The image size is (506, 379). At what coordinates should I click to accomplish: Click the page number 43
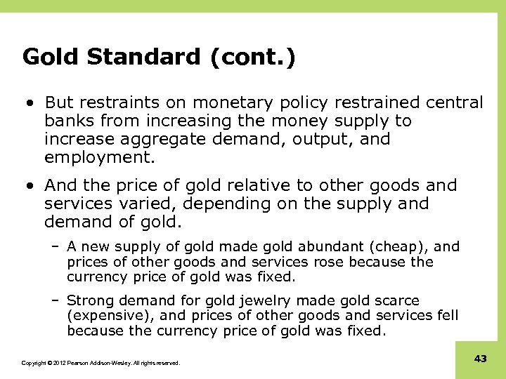(481, 359)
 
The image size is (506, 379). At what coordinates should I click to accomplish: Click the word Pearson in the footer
(82, 364)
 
